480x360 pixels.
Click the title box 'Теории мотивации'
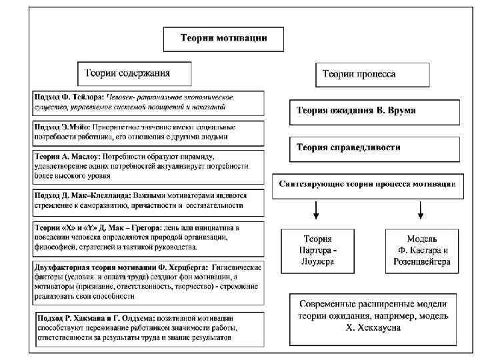(224, 39)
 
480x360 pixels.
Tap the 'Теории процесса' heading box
(360, 74)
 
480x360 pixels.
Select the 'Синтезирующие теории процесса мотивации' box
(367, 184)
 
